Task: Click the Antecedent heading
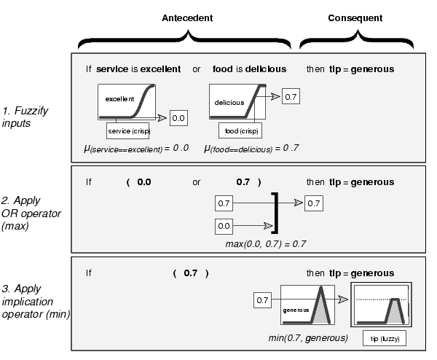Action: click(x=186, y=17)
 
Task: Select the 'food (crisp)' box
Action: click(x=240, y=130)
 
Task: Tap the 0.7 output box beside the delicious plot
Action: click(x=290, y=97)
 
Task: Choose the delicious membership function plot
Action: click(x=237, y=101)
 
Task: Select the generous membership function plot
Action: click(x=306, y=304)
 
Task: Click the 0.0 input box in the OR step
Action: click(x=224, y=227)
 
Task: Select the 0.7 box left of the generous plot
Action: click(x=263, y=300)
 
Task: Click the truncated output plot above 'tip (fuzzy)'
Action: click(x=382, y=305)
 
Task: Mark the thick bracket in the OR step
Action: click(x=275, y=213)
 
